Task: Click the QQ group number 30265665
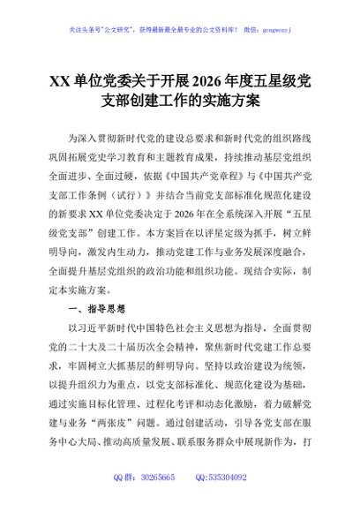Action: (x=154, y=501)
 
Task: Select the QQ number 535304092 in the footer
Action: (x=227, y=501)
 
